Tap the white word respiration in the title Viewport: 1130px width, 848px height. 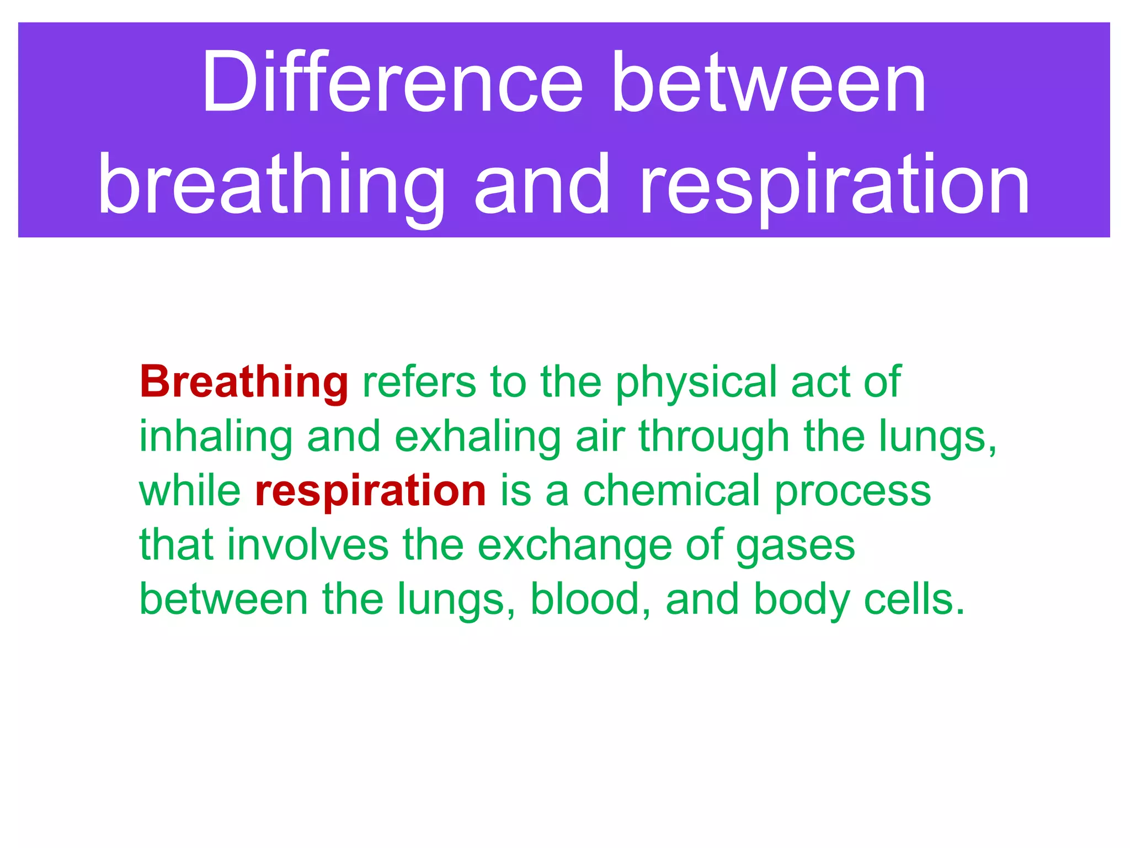click(834, 185)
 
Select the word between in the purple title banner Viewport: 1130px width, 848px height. click(769, 83)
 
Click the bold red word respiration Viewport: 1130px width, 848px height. click(370, 491)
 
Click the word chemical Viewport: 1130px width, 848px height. click(671, 491)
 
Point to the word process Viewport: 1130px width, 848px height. click(852, 491)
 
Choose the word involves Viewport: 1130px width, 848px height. click(307, 545)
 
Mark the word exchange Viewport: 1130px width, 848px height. click(574, 545)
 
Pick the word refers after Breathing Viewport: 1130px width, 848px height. click(419, 382)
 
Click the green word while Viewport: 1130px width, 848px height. click(190, 491)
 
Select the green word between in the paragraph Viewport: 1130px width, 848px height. click(223, 600)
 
